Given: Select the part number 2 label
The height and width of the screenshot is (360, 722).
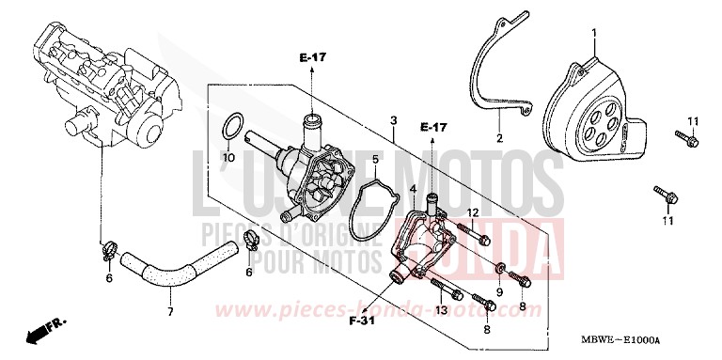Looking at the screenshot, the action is click(x=500, y=138).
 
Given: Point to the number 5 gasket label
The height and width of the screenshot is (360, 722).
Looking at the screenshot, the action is click(x=375, y=159).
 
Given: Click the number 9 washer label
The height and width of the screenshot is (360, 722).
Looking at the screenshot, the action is click(x=500, y=266).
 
